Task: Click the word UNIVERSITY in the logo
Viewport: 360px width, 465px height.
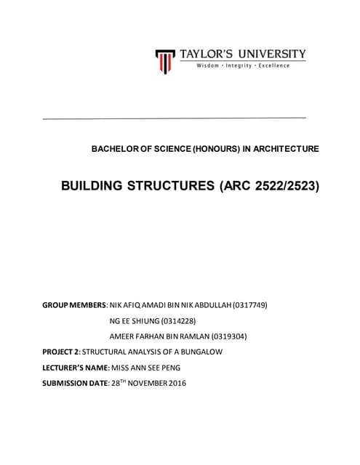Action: click(x=269, y=54)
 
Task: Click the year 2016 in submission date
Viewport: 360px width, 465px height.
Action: click(x=176, y=384)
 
